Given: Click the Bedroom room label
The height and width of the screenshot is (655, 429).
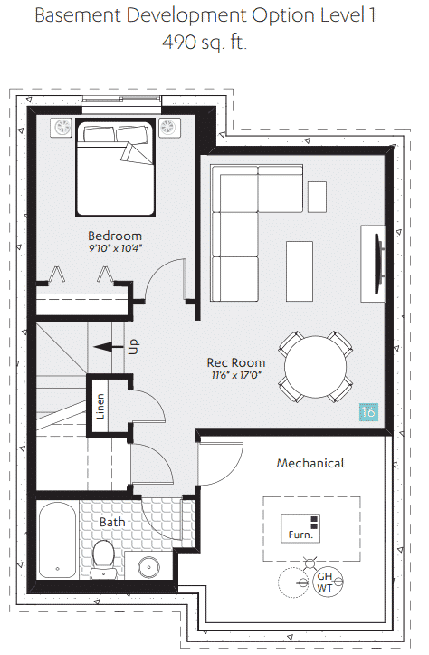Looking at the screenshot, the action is [x=115, y=236].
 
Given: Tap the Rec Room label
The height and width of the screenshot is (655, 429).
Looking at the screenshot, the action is [x=236, y=362].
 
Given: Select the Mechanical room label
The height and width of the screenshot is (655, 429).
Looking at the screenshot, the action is [x=310, y=463].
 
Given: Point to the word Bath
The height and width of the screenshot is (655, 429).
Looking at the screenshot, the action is [x=112, y=522].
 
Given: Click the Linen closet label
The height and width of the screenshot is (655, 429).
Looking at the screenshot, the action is [x=100, y=406].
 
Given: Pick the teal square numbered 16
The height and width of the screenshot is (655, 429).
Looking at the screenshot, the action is [x=369, y=412].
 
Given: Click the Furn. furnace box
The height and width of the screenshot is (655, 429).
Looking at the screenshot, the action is [x=300, y=528].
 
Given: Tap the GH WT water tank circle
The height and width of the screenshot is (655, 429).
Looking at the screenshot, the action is [x=328, y=582].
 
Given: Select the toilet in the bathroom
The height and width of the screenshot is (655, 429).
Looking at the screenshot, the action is [x=103, y=559].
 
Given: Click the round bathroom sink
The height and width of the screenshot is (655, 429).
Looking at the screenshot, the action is [x=149, y=567].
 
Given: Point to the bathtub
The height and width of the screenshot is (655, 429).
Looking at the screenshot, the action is [x=58, y=540].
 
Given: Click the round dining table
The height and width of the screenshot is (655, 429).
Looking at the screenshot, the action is [x=316, y=366].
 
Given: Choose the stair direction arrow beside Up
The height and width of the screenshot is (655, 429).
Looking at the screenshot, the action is [x=109, y=347].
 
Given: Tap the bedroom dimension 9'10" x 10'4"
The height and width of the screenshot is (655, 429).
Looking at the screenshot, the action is [x=116, y=248].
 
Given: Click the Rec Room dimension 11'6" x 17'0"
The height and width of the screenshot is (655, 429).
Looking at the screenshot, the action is [x=236, y=375].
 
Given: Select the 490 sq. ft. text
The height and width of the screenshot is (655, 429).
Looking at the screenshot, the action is [x=205, y=42].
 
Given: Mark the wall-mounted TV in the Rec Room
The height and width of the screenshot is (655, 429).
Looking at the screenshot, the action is [x=379, y=264].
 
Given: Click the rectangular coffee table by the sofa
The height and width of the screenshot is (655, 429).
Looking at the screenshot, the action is [x=300, y=271].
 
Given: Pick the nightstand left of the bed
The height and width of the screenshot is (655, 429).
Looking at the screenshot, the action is [x=62, y=128].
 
